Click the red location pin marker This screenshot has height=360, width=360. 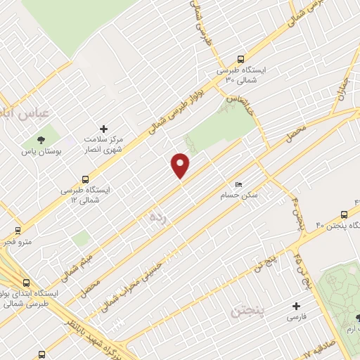tap(181, 165)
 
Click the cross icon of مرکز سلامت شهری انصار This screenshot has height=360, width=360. tap(104, 129)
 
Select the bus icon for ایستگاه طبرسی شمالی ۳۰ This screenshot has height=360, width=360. tap(241, 60)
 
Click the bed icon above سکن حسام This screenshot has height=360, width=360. tap(239, 184)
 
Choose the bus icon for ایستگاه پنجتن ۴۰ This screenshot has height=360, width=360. tap(344, 213)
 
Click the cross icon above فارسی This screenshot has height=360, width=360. tap(296, 307)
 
